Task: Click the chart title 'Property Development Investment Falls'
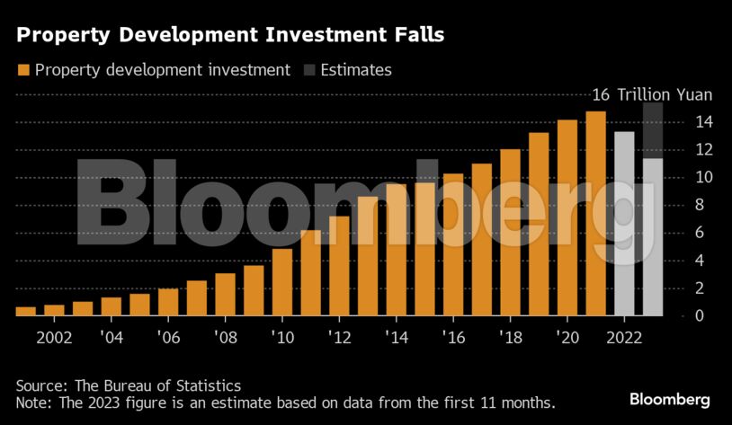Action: click(x=230, y=36)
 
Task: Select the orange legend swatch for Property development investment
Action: click(x=23, y=70)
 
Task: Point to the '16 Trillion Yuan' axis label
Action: click(x=651, y=94)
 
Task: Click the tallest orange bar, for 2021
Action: click(x=595, y=214)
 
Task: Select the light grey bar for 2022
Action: click(x=624, y=224)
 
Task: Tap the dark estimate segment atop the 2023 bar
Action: click(x=653, y=131)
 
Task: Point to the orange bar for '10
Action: click(x=282, y=282)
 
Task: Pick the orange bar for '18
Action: click(x=510, y=233)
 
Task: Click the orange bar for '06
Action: click(x=168, y=302)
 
